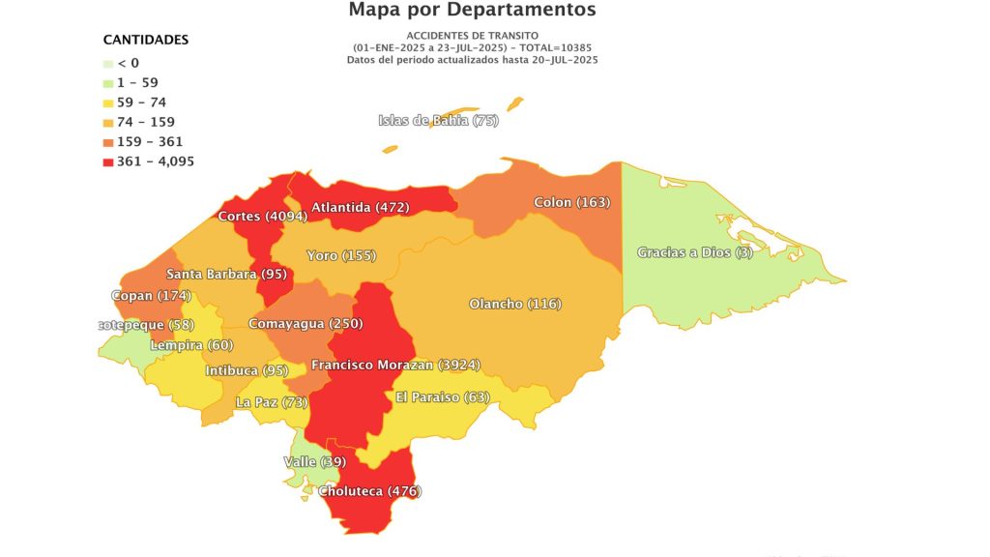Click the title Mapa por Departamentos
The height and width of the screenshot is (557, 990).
tap(472, 11)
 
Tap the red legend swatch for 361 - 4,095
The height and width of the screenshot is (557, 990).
tap(108, 161)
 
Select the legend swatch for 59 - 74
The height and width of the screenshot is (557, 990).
tap(108, 103)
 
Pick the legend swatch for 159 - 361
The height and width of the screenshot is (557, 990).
tap(108, 142)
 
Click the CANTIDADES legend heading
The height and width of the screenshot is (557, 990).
tap(145, 40)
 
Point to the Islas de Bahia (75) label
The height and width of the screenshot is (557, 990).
tap(438, 121)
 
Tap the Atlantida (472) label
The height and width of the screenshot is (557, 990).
tap(360, 207)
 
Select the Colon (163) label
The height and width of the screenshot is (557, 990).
tap(572, 203)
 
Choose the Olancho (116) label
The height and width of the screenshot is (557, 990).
tap(515, 305)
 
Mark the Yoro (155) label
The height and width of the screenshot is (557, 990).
tap(340, 256)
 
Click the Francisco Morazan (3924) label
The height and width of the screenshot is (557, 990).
tap(395, 366)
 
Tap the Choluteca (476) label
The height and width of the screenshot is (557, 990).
tap(370, 492)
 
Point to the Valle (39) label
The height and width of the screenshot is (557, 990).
tap(314, 462)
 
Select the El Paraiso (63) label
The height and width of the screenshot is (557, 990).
tap(443, 397)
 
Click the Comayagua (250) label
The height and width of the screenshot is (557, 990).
tap(306, 324)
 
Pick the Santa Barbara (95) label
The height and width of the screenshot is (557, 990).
tap(224, 275)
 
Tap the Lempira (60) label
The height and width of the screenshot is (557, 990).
tap(189, 345)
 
